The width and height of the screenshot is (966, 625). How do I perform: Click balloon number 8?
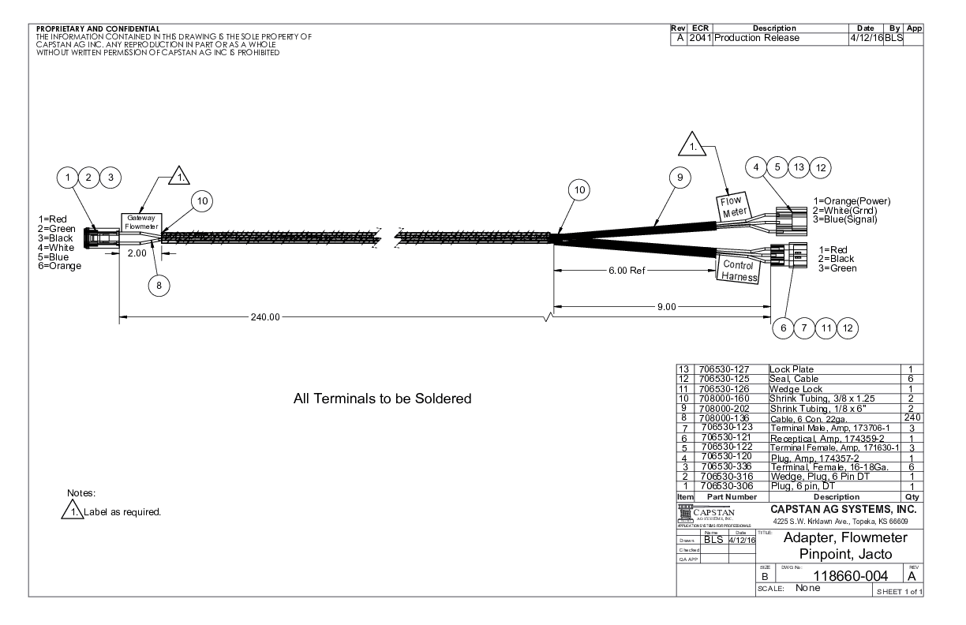[x=159, y=286]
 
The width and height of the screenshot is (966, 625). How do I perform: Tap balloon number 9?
[x=678, y=179]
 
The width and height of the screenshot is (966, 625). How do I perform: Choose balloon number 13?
[x=799, y=167]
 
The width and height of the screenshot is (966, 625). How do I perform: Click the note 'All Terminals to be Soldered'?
[x=383, y=399]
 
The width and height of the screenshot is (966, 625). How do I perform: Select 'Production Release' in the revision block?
[x=757, y=38]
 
